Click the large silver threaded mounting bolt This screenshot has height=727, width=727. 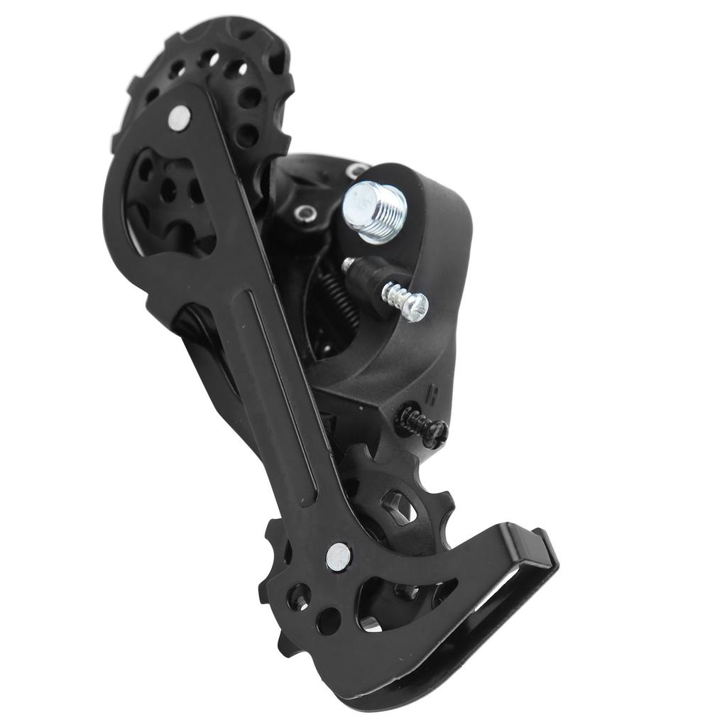374,209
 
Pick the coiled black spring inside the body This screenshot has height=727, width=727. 332,297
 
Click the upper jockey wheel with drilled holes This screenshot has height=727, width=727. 213,78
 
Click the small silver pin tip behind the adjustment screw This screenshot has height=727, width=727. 348,265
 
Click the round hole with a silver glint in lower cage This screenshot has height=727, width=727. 368,625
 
